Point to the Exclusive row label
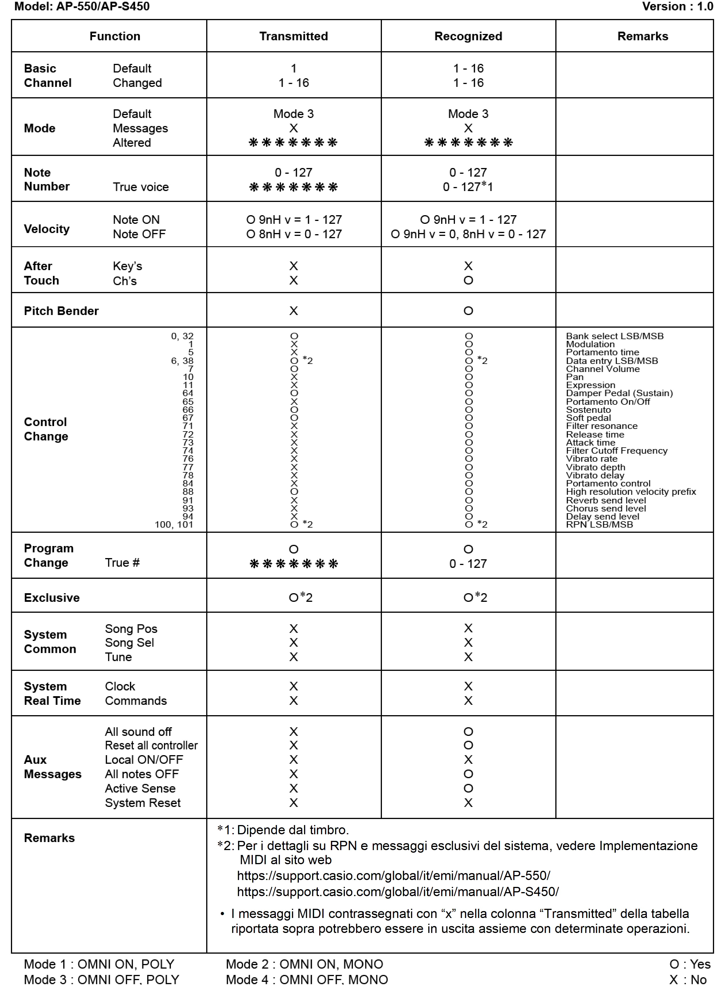coord(52,598)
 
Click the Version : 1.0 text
coord(677,7)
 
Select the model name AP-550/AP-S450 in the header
coord(103,7)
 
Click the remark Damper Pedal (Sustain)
coord(619,393)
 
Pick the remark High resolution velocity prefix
coord(631,492)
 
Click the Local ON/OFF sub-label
coord(144,759)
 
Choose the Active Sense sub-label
coord(140,788)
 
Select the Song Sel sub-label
coord(129,643)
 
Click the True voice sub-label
coord(140,187)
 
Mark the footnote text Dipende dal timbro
coord(293,830)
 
